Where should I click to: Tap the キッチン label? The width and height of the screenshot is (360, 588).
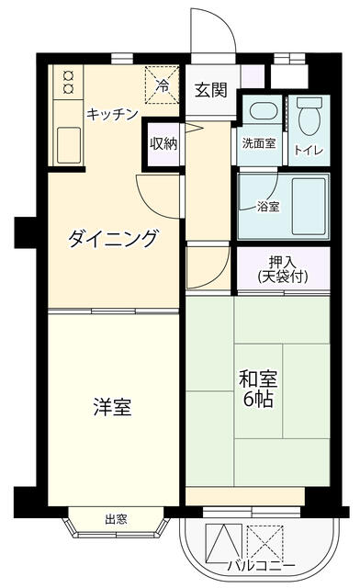point(112,114)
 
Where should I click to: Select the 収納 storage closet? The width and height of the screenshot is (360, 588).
point(163,142)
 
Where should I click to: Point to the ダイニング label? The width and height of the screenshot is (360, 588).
point(113,239)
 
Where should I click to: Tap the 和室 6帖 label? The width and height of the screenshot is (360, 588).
point(259,389)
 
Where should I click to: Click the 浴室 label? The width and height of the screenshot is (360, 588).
point(268,207)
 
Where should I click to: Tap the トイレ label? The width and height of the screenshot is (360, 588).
point(307,149)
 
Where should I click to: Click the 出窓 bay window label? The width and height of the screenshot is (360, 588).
point(116,519)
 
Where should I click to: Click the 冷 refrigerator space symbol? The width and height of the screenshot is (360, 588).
point(162,86)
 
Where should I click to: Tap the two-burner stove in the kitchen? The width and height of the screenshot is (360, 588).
point(68,84)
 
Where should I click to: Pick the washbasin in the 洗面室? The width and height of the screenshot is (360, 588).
point(261,112)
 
